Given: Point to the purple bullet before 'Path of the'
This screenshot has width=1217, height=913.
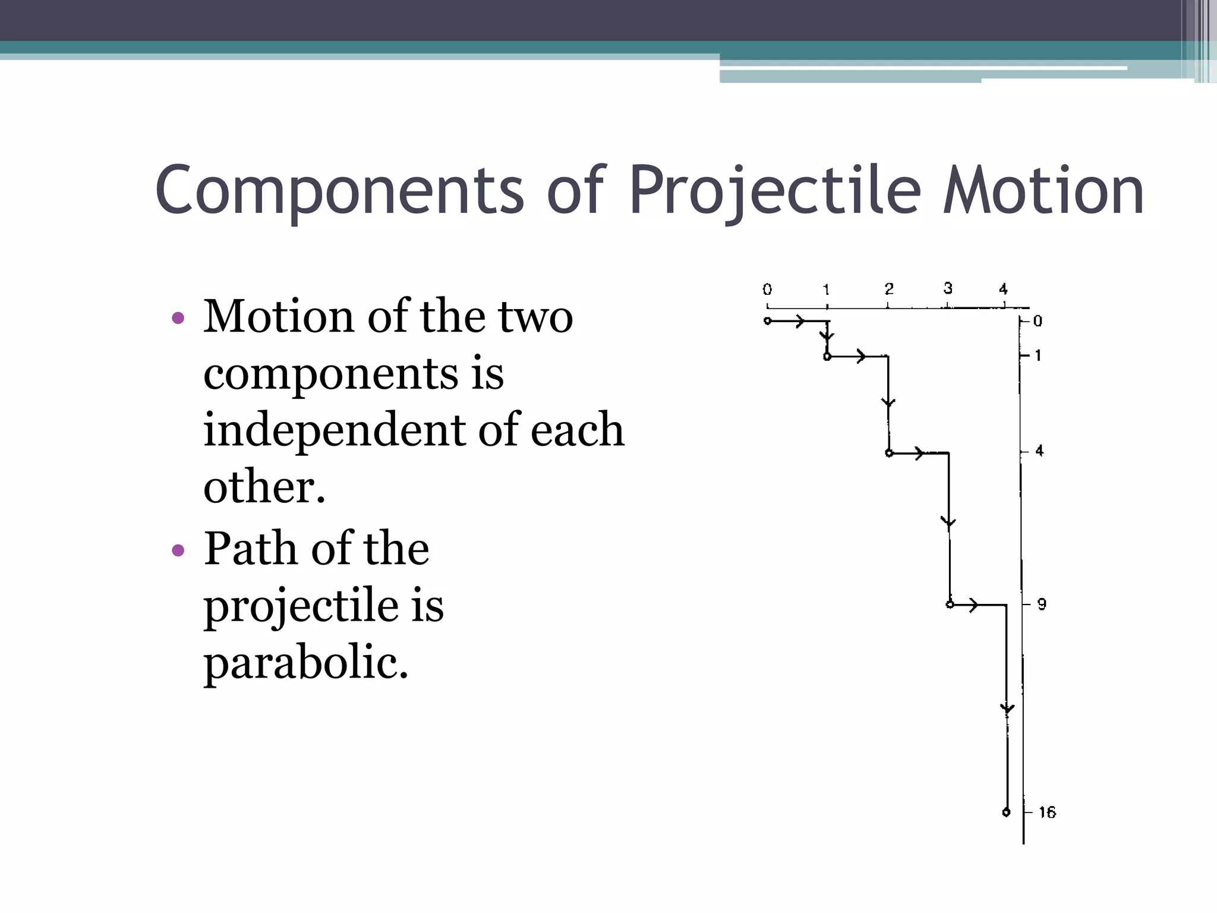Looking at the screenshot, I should (178, 550).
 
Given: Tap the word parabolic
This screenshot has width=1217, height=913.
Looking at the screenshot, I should (306, 663).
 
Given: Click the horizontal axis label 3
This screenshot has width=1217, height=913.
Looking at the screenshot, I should (948, 288).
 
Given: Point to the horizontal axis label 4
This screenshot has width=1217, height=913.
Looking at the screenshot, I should (1003, 289).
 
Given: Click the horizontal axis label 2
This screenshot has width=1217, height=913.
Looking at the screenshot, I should (889, 289).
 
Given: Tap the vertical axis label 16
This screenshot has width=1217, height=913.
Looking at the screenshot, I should (1047, 813).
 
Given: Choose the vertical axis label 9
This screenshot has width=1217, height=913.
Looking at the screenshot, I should (1042, 605).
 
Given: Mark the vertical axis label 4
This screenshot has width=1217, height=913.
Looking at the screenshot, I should (1039, 451).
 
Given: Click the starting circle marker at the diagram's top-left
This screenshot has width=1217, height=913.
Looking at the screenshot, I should (768, 321).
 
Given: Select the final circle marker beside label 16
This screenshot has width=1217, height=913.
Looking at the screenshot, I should (1006, 812).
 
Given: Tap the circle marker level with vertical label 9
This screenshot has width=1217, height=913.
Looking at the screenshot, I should (950, 605).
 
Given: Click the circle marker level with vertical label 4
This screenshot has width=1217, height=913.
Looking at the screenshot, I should (889, 454).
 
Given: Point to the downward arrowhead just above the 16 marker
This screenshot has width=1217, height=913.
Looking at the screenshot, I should (1007, 709).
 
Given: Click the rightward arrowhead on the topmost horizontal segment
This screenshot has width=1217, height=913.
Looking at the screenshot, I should (800, 322).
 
